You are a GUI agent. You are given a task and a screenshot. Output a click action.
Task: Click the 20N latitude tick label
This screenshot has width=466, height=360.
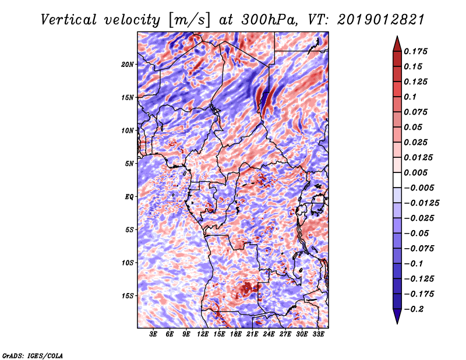pos(128,65)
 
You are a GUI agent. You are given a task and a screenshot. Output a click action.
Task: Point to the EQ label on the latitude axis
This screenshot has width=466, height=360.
pos(129,197)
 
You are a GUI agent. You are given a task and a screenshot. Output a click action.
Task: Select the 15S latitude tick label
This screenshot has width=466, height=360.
pos(128,296)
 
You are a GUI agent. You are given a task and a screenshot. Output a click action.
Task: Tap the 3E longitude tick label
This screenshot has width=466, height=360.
pos(153,334)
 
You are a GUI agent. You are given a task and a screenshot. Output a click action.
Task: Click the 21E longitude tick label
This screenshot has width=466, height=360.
pos(252,334)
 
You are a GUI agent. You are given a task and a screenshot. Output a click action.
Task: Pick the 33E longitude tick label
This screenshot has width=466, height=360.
pos(318,334)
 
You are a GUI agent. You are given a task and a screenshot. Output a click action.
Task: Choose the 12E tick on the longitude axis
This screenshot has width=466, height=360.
pos(202,334)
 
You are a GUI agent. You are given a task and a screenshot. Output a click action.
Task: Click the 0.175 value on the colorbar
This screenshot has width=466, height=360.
pos(415,51)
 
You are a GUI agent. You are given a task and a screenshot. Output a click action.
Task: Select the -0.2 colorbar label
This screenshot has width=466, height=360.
pos(414,309)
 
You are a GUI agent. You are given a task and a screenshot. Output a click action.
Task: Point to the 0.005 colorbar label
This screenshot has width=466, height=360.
pos(415,172)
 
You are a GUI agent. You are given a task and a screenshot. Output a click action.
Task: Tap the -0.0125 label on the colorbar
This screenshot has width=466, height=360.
pos(421,203)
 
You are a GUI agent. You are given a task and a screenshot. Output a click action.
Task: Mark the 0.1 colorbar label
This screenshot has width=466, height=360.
pos(411,97)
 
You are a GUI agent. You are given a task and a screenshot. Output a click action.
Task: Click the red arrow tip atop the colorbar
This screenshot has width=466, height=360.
pos(397,37)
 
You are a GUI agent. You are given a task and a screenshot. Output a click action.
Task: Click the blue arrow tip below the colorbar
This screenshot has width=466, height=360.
pos(397,323)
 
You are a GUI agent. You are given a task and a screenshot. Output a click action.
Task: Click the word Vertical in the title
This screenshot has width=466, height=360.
pos(69,20)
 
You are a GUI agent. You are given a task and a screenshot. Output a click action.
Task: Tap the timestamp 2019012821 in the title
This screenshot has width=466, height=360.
pos(381,20)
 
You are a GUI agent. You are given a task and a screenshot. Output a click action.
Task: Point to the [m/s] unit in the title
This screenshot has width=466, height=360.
pos(189,20)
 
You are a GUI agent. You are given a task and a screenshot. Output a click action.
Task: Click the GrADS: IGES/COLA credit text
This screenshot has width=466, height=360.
pos(33,356)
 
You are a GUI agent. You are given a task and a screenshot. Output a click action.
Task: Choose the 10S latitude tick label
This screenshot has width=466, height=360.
pos(128,263)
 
